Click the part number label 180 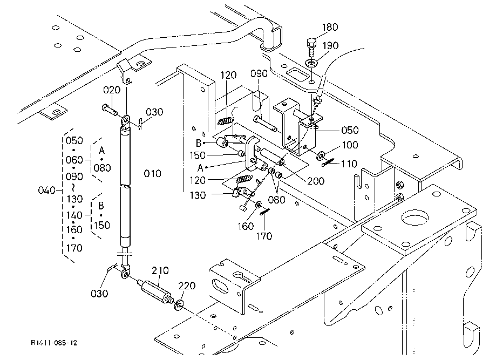click(x=330, y=27)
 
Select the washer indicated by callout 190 click(x=312, y=62)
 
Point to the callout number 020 click(x=112, y=90)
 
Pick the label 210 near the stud click(x=160, y=271)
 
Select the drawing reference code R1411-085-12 click(x=54, y=343)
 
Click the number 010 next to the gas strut click(x=152, y=174)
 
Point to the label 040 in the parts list click(x=46, y=191)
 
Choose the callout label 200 click(x=316, y=181)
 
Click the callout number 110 click(x=349, y=164)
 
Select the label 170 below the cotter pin click(x=264, y=236)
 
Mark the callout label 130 click(x=198, y=195)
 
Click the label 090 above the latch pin click(x=259, y=74)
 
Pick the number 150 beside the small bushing click(x=198, y=155)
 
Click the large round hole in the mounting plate click(x=416, y=218)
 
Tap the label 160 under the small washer click(x=246, y=227)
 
